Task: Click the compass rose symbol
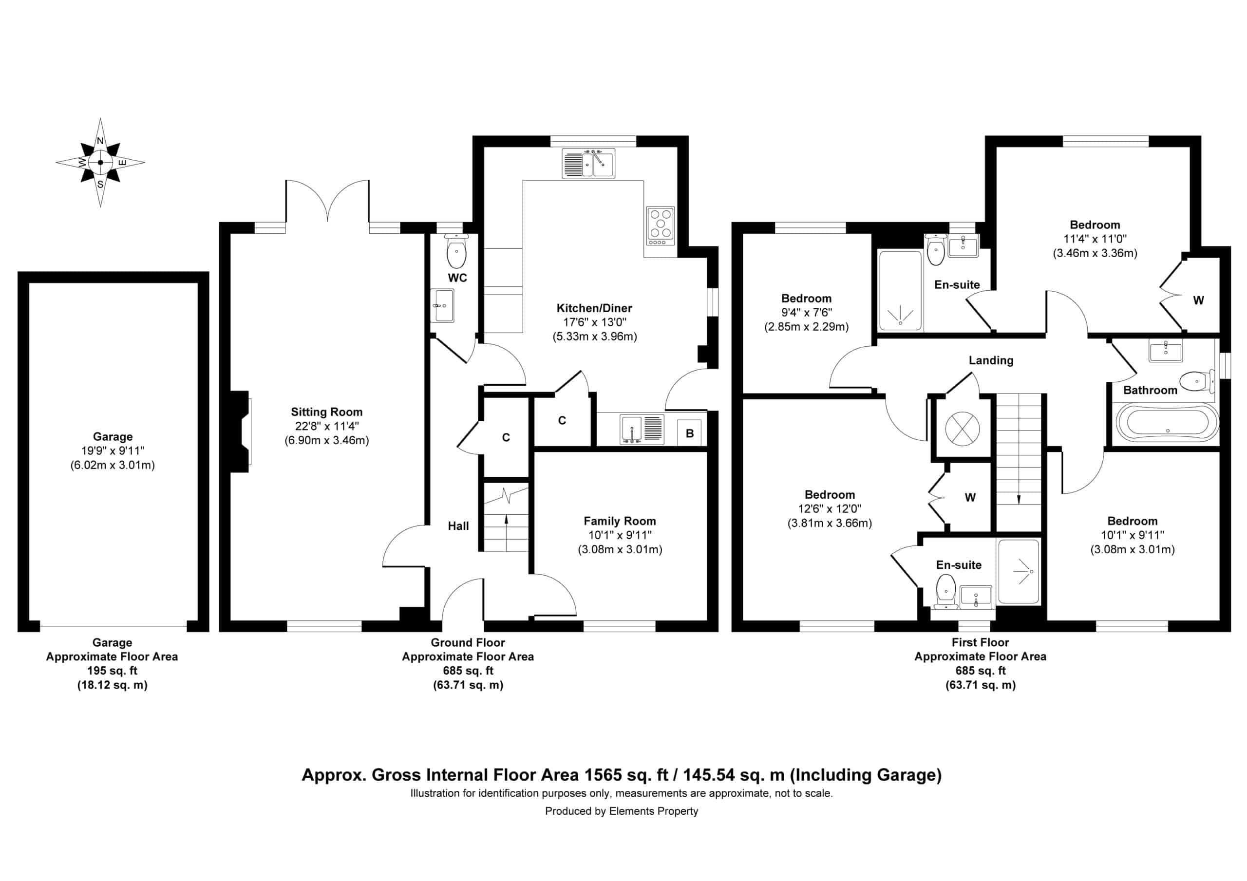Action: tap(100, 162)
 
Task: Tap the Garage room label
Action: tap(113, 437)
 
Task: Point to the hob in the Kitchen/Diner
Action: tap(661, 225)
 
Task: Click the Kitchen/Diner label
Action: tap(594, 308)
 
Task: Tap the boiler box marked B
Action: tap(689, 433)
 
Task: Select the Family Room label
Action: tap(620, 522)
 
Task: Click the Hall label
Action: tap(458, 526)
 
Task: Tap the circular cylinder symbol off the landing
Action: tap(963, 429)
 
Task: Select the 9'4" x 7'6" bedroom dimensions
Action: tap(807, 312)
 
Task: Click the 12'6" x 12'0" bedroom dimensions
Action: tap(830, 509)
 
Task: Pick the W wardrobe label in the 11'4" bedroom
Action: tap(1199, 300)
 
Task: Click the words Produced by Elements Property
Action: tap(622, 811)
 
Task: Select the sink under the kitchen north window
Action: tap(588, 163)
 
